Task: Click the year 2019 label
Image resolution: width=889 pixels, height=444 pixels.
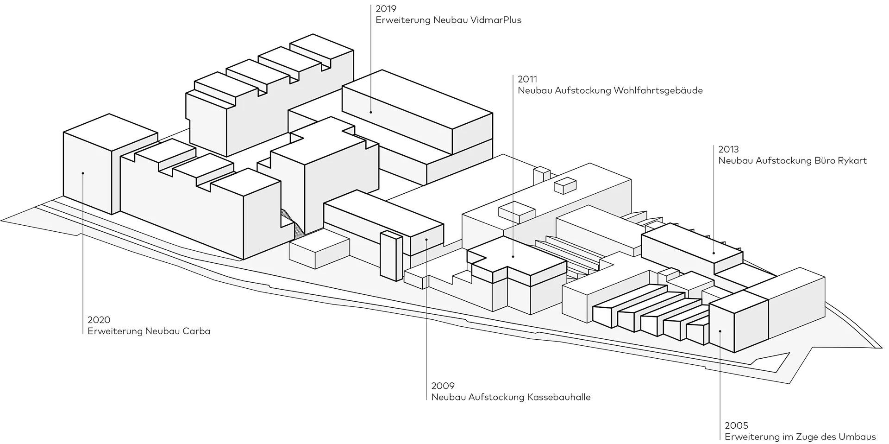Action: (x=386, y=9)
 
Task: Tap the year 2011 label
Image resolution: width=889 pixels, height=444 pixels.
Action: (x=527, y=79)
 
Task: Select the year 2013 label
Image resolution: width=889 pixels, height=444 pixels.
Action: (x=728, y=149)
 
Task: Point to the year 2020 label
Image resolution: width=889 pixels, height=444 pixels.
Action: (x=99, y=320)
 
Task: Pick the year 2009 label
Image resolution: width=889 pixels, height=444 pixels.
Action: (x=443, y=386)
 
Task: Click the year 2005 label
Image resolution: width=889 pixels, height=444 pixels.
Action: (x=736, y=425)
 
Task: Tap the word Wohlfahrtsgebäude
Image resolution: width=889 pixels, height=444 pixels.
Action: (x=658, y=90)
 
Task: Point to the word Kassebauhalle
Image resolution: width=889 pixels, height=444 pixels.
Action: (x=558, y=397)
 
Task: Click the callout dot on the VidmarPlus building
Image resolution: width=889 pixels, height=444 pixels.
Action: (x=371, y=112)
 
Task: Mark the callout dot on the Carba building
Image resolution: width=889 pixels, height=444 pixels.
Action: (x=82, y=173)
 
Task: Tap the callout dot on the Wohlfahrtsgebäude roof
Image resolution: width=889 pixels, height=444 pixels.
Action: (x=513, y=256)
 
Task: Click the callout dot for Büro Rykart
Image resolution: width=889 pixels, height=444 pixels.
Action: (x=714, y=253)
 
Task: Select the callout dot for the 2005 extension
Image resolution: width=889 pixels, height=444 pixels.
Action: (x=720, y=331)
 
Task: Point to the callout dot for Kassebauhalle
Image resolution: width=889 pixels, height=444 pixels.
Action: (x=426, y=240)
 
